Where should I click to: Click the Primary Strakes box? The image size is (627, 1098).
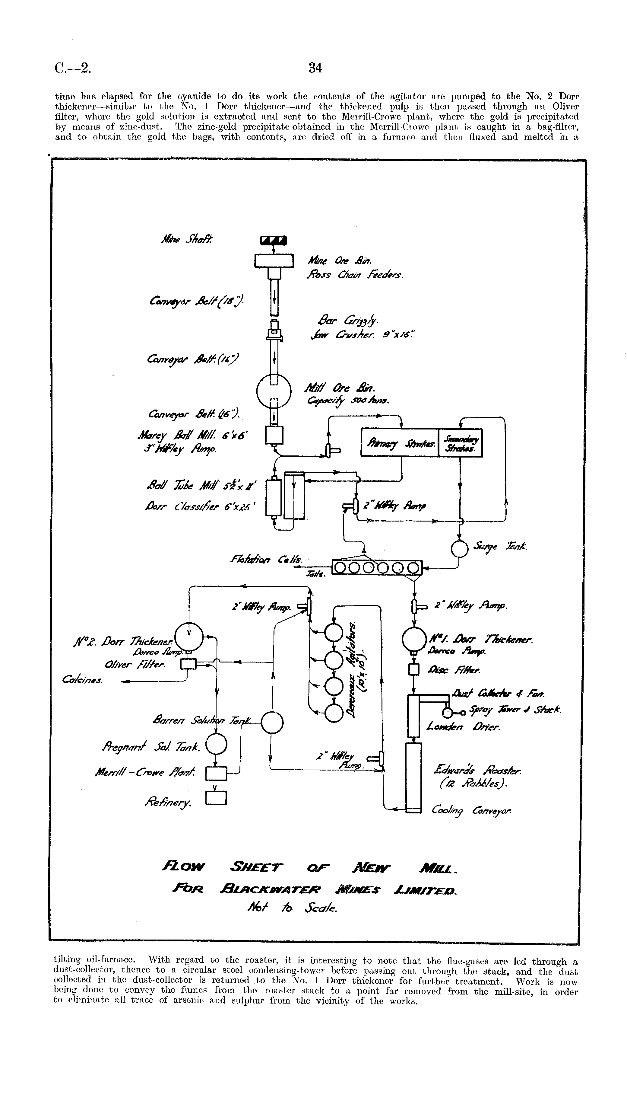[399, 442]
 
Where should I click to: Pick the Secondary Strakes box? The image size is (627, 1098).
[460, 442]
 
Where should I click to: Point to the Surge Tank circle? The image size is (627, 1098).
[460, 548]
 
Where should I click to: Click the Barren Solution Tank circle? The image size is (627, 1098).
[272, 723]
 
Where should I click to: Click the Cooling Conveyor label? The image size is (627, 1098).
[471, 811]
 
